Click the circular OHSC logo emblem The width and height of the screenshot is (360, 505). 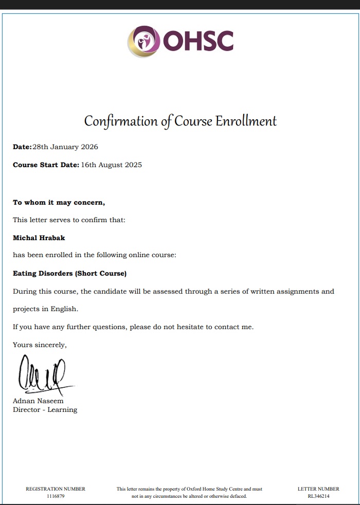143,41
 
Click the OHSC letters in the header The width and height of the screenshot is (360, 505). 199,41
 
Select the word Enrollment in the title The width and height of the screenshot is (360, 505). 246,121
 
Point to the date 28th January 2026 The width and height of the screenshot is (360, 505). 65,147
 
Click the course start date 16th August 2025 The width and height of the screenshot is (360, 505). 112,165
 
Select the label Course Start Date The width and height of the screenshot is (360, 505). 46,165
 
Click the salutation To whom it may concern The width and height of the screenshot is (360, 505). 59,203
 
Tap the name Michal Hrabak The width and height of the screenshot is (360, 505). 39,238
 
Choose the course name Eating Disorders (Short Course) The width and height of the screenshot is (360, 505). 69,274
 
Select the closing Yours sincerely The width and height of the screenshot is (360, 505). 40,345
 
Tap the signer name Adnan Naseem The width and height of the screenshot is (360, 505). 38,401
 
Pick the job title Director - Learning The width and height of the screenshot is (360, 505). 45,410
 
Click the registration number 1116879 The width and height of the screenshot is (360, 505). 56,496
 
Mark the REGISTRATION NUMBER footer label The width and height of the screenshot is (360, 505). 56,489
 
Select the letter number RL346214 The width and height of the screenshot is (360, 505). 318,496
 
